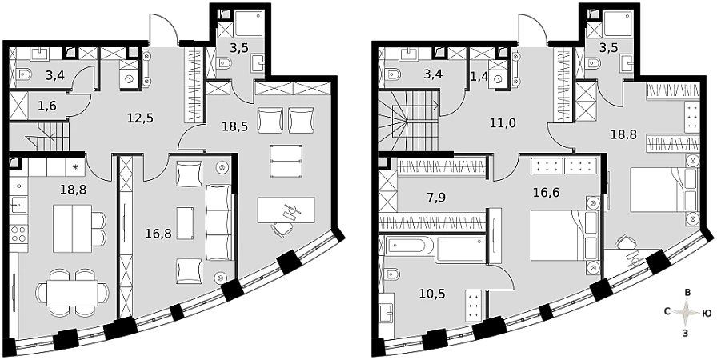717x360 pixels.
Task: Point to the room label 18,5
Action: tap(235, 126)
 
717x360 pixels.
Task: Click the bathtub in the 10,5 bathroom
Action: tap(409, 246)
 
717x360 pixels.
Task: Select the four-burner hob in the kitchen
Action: tap(18, 234)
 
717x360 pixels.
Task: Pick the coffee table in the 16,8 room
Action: tap(185, 223)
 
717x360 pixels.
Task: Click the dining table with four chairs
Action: tap(73, 292)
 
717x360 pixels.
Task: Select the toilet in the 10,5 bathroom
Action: tap(392, 274)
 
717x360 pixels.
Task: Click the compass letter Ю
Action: tap(706, 313)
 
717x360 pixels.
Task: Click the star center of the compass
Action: tap(686, 313)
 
